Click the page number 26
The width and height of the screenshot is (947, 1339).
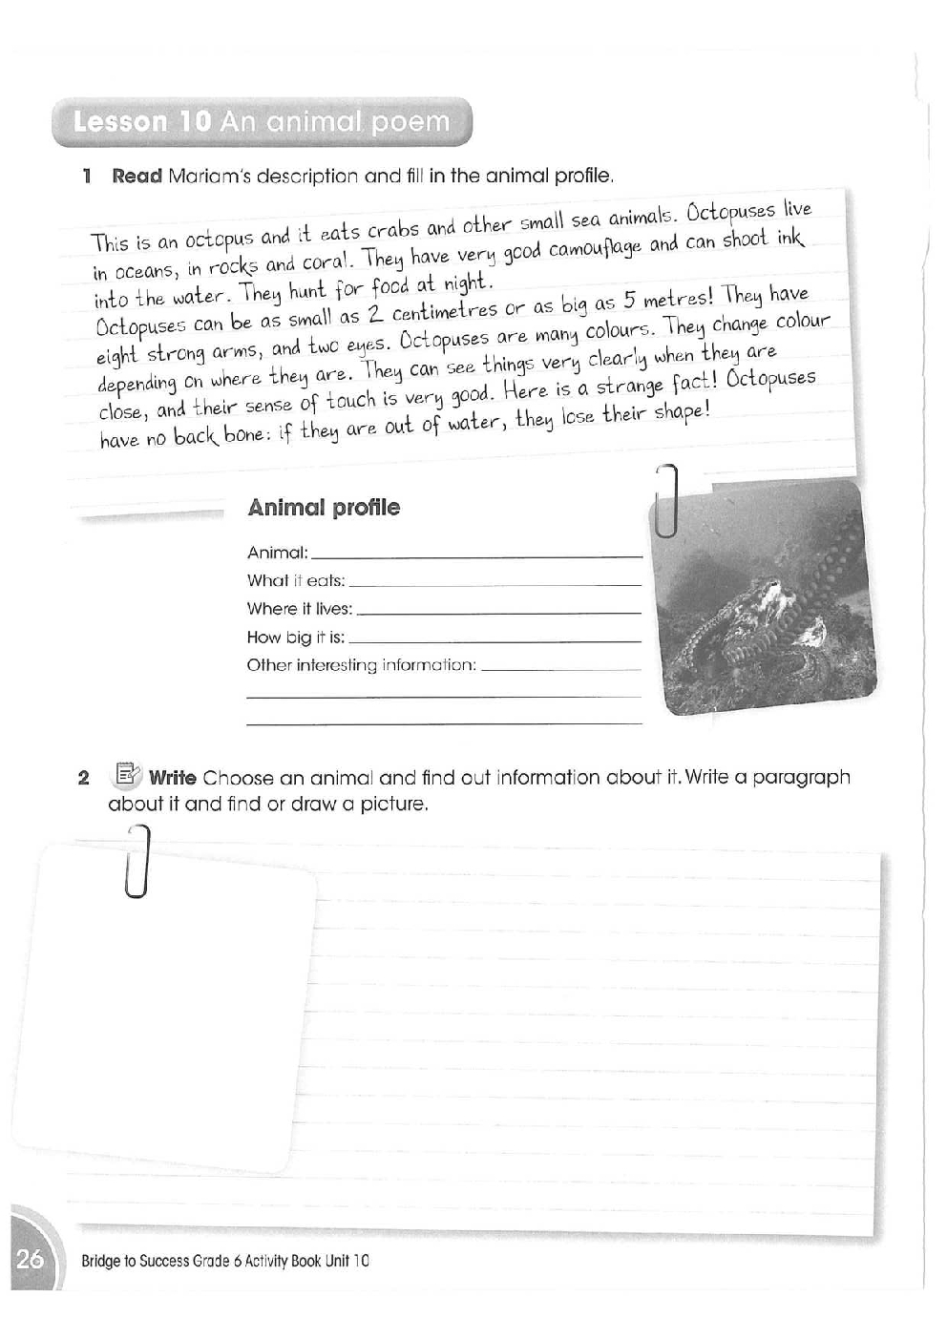[30, 1260]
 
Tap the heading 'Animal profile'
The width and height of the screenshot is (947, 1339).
[324, 508]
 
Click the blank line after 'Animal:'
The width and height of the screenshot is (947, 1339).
[476, 554]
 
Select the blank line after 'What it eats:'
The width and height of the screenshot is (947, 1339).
[495, 582]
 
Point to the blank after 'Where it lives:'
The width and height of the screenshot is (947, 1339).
[498, 611]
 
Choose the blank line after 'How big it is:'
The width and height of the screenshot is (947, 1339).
[495, 639]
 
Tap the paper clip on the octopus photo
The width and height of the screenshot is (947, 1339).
[667, 500]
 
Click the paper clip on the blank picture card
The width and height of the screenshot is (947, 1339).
[138, 860]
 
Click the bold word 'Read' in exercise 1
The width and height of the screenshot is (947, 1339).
[137, 176]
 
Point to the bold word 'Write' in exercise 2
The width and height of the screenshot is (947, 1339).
[173, 777]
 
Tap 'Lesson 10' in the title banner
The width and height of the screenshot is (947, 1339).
[142, 122]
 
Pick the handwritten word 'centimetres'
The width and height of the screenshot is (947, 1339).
[445, 308]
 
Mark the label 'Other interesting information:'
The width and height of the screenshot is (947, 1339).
[362, 665]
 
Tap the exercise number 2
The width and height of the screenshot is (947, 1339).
[84, 778]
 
